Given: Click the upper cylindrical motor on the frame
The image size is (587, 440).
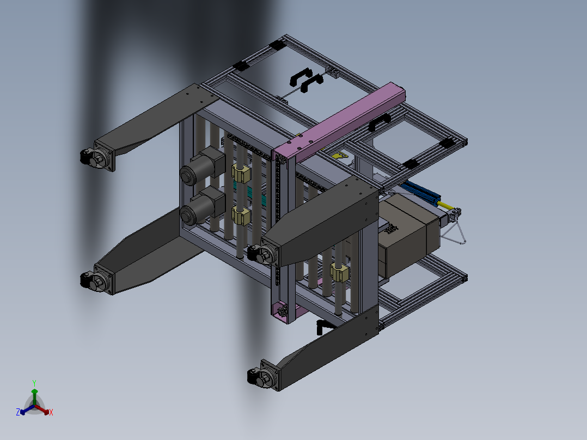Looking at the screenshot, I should tap(201, 168).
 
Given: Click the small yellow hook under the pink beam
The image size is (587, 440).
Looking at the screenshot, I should tap(340, 156).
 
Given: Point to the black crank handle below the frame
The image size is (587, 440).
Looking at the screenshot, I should tap(323, 326).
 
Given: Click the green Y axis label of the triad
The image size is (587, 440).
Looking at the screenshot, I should tap(34, 383).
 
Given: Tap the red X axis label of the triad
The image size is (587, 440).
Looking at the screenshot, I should tap(51, 412).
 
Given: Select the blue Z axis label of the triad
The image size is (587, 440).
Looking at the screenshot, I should tap(18, 412).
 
